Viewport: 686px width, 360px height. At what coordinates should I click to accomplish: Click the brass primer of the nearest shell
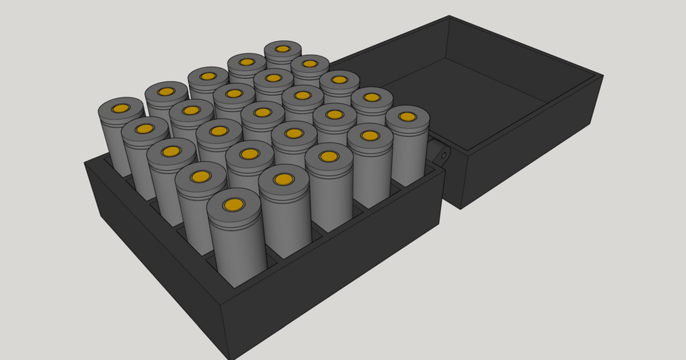(x=233, y=205)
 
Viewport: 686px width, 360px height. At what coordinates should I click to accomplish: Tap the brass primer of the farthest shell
(x=283, y=49)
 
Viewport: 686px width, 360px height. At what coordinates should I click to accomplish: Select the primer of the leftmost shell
(x=121, y=108)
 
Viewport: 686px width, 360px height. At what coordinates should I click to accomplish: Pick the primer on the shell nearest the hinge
(x=407, y=117)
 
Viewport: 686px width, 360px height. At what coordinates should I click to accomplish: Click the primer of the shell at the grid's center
(x=262, y=113)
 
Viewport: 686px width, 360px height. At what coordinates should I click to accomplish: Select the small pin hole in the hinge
(x=444, y=155)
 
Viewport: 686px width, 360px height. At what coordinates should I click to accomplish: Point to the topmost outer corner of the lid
(x=449, y=15)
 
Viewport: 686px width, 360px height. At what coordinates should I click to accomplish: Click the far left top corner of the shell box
(x=85, y=162)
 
